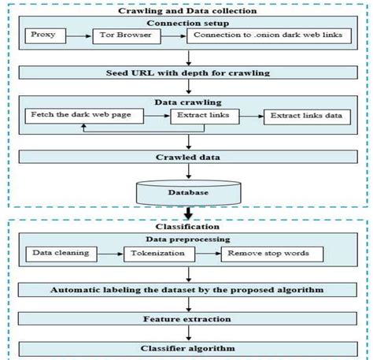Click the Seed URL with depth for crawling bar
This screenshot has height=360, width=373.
click(187, 72)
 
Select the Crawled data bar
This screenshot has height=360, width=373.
click(187, 157)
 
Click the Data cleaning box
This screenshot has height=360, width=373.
click(60, 254)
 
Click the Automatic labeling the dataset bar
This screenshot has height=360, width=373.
click(187, 290)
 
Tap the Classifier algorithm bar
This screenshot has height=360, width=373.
click(187, 347)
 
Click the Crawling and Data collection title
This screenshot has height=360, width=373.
click(186, 10)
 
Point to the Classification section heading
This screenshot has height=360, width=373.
click(187, 225)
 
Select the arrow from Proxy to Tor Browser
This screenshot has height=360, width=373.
click(79, 36)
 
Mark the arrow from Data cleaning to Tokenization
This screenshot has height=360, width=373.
click(110, 254)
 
